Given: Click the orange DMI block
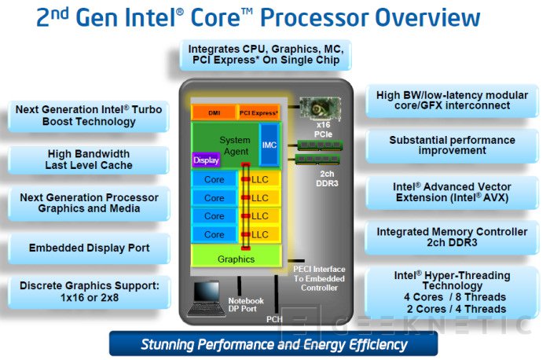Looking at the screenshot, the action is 214,112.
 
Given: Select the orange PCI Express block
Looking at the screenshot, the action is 258,112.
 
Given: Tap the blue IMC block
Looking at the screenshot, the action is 269,145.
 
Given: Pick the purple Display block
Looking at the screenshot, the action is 206,160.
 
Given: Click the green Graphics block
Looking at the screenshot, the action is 236,259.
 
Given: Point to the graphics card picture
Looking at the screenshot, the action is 321,108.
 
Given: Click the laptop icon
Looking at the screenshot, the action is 206,299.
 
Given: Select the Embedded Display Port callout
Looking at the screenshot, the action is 89,248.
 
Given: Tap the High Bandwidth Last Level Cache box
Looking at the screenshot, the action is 88,160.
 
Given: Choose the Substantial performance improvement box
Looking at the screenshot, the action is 452,145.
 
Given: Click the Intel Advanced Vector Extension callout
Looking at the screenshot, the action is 452,193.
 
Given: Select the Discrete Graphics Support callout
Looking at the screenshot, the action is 89,292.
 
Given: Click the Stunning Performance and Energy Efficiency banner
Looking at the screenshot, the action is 273,344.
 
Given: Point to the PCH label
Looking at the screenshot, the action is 274,319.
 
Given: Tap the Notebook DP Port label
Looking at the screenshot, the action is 246,304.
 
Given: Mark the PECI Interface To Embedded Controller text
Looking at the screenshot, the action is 319,278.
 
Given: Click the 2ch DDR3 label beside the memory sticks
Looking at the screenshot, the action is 327,178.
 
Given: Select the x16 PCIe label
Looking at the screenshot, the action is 323,130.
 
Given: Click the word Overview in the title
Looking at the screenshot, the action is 427,17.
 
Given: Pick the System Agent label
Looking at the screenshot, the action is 235,145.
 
